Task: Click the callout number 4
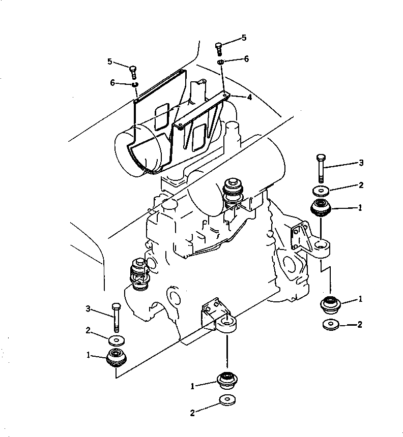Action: click(x=249, y=97)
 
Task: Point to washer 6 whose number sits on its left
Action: click(x=135, y=84)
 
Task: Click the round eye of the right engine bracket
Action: click(x=321, y=246)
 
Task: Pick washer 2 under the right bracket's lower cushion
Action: click(x=331, y=325)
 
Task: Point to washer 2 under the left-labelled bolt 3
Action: click(x=114, y=339)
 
